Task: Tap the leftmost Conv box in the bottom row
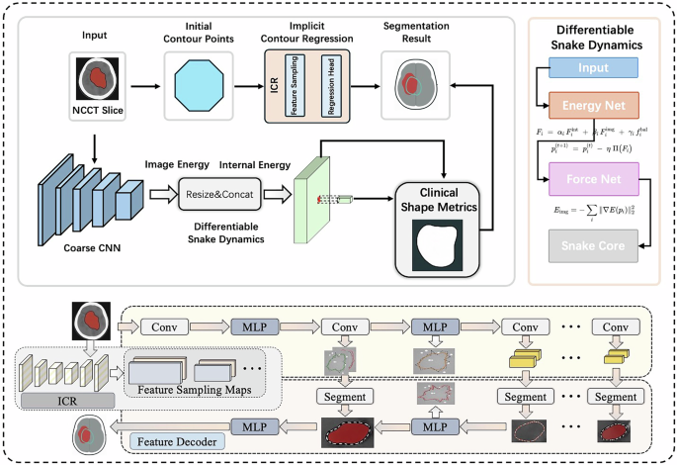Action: tap(163, 325)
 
